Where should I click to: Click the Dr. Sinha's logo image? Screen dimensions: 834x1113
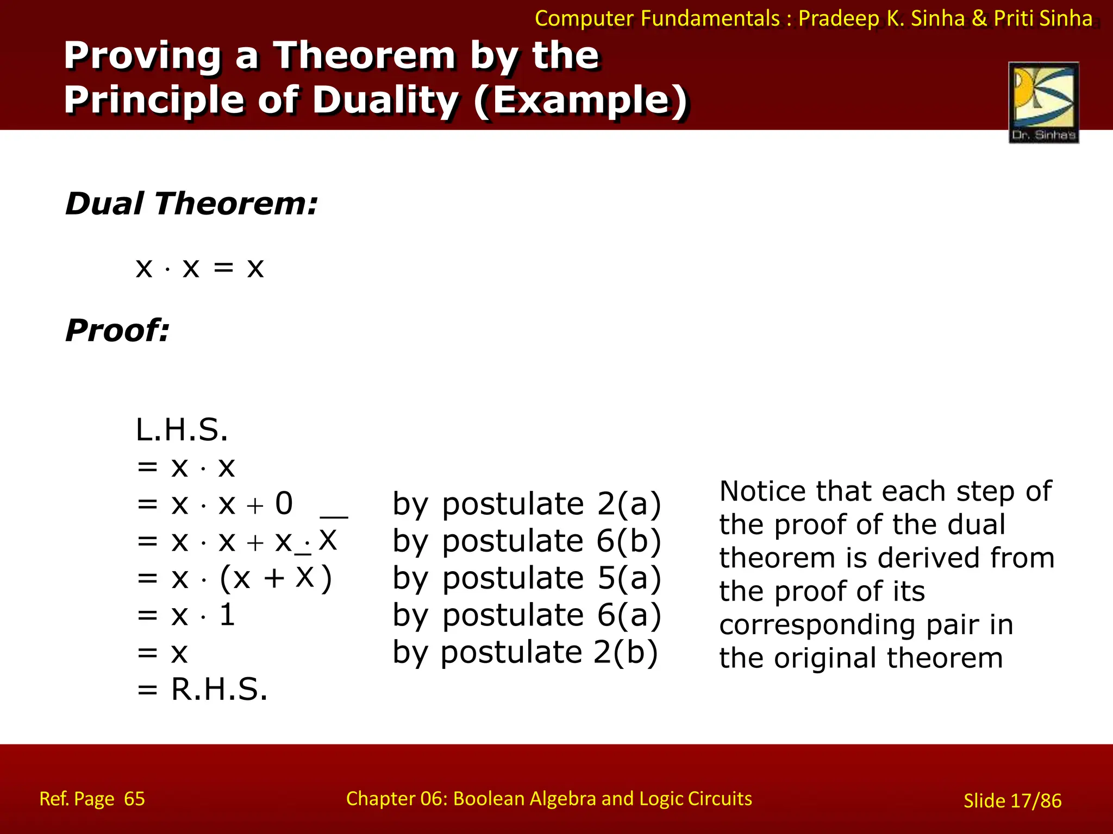1043,102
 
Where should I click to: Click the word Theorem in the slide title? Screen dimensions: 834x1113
364,55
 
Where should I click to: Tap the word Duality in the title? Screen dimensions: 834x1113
386,100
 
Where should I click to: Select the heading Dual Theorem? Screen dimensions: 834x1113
191,204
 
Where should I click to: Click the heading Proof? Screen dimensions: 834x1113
117,330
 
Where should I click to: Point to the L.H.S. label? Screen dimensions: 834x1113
182,430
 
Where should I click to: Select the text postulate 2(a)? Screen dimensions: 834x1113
551,504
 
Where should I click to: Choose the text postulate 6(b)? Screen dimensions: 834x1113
551,541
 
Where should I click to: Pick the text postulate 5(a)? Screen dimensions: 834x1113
551,578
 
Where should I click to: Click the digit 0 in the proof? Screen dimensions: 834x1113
284,503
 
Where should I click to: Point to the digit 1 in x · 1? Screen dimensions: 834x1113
227,615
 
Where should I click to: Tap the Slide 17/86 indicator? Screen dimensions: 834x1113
1012,801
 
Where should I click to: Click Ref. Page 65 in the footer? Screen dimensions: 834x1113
92,799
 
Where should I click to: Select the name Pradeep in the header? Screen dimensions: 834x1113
839,18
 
